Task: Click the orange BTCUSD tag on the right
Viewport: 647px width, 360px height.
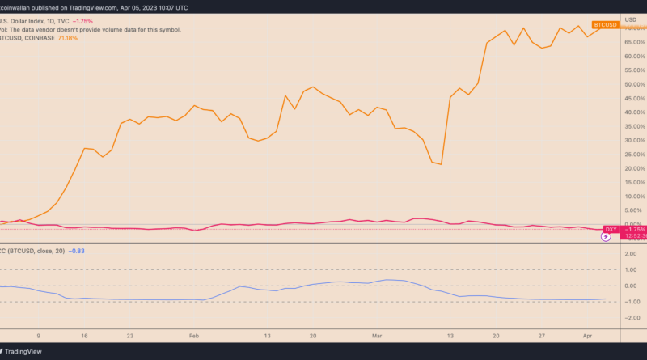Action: pyautogui.click(x=606, y=25)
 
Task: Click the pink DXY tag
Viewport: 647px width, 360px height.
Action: pyautogui.click(x=611, y=231)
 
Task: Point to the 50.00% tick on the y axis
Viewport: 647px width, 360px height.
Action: pyautogui.click(x=632, y=84)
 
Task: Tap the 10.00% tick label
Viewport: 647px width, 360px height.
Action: pyautogui.click(x=632, y=197)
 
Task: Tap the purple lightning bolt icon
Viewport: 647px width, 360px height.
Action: pyautogui.click(x=607, y=238)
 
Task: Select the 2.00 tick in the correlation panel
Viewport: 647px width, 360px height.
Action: pyautogui.click(x=633, y=253)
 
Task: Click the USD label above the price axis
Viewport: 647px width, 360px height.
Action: pyautogui.click(x=631, y=16)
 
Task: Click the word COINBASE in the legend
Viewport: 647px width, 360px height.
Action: pyautogui.click(x=44, y=38)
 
